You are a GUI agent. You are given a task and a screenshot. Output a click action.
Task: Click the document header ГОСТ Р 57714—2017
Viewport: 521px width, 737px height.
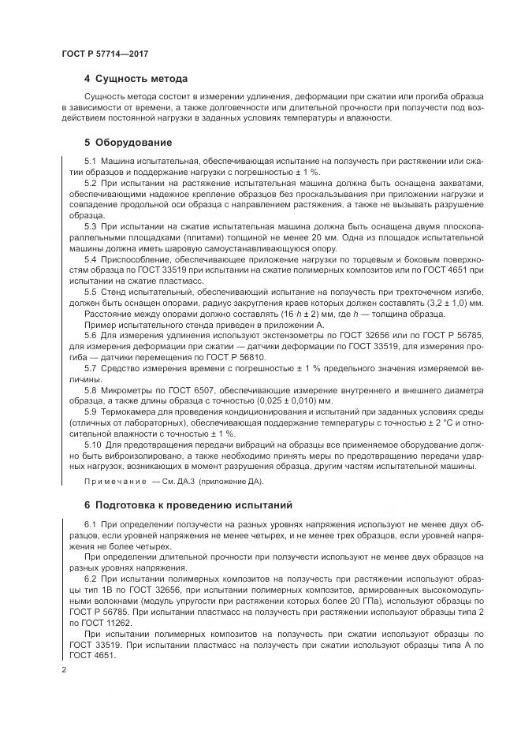pos(105,53)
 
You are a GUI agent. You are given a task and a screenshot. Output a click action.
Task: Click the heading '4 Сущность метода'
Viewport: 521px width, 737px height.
pos(136,79)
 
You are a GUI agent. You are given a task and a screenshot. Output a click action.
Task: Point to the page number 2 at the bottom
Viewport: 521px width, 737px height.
pos(64,669)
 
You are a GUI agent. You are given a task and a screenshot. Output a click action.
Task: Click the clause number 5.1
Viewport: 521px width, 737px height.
pos(90,161)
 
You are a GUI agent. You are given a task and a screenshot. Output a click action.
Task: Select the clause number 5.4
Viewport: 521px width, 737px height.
pos(90,259)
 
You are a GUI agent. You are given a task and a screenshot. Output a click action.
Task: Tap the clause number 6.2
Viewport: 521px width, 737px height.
pos(90,578)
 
